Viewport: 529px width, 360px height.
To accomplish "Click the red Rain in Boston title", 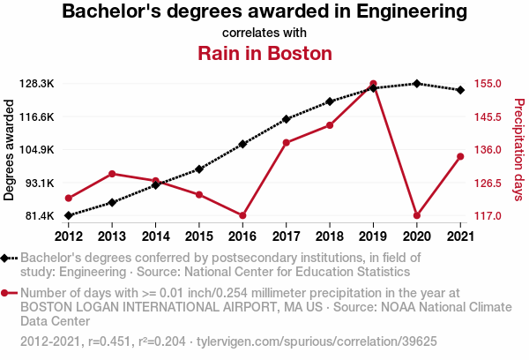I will pos(264,54).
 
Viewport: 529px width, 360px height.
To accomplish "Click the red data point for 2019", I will pos(373,84).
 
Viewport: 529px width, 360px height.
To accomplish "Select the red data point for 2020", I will pos(416,215).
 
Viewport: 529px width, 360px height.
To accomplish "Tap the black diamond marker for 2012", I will pos(69,215).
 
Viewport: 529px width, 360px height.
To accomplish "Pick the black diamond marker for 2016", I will pos(242,144).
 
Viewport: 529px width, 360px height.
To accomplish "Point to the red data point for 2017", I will pos(286,143).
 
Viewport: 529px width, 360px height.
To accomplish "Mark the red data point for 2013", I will pos(112,174).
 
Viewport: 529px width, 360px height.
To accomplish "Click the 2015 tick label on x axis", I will pos(199,236).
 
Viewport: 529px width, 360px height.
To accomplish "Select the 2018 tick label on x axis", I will pos(329,236).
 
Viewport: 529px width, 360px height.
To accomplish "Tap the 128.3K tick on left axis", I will pos(40,84).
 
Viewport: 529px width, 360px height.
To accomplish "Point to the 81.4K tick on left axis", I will pos(41,215).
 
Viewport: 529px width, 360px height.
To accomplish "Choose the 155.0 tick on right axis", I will pos(488,84).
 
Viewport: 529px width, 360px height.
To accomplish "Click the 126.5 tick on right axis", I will pos(488,183).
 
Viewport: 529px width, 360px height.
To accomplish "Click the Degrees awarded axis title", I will pos(10,150).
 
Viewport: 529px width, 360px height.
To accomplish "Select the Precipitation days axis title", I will pos(519,150).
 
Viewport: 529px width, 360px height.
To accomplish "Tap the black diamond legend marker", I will pos(7,258).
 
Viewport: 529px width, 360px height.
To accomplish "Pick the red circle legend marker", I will pos(7,293).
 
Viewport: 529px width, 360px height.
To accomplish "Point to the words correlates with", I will pos(264,33).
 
